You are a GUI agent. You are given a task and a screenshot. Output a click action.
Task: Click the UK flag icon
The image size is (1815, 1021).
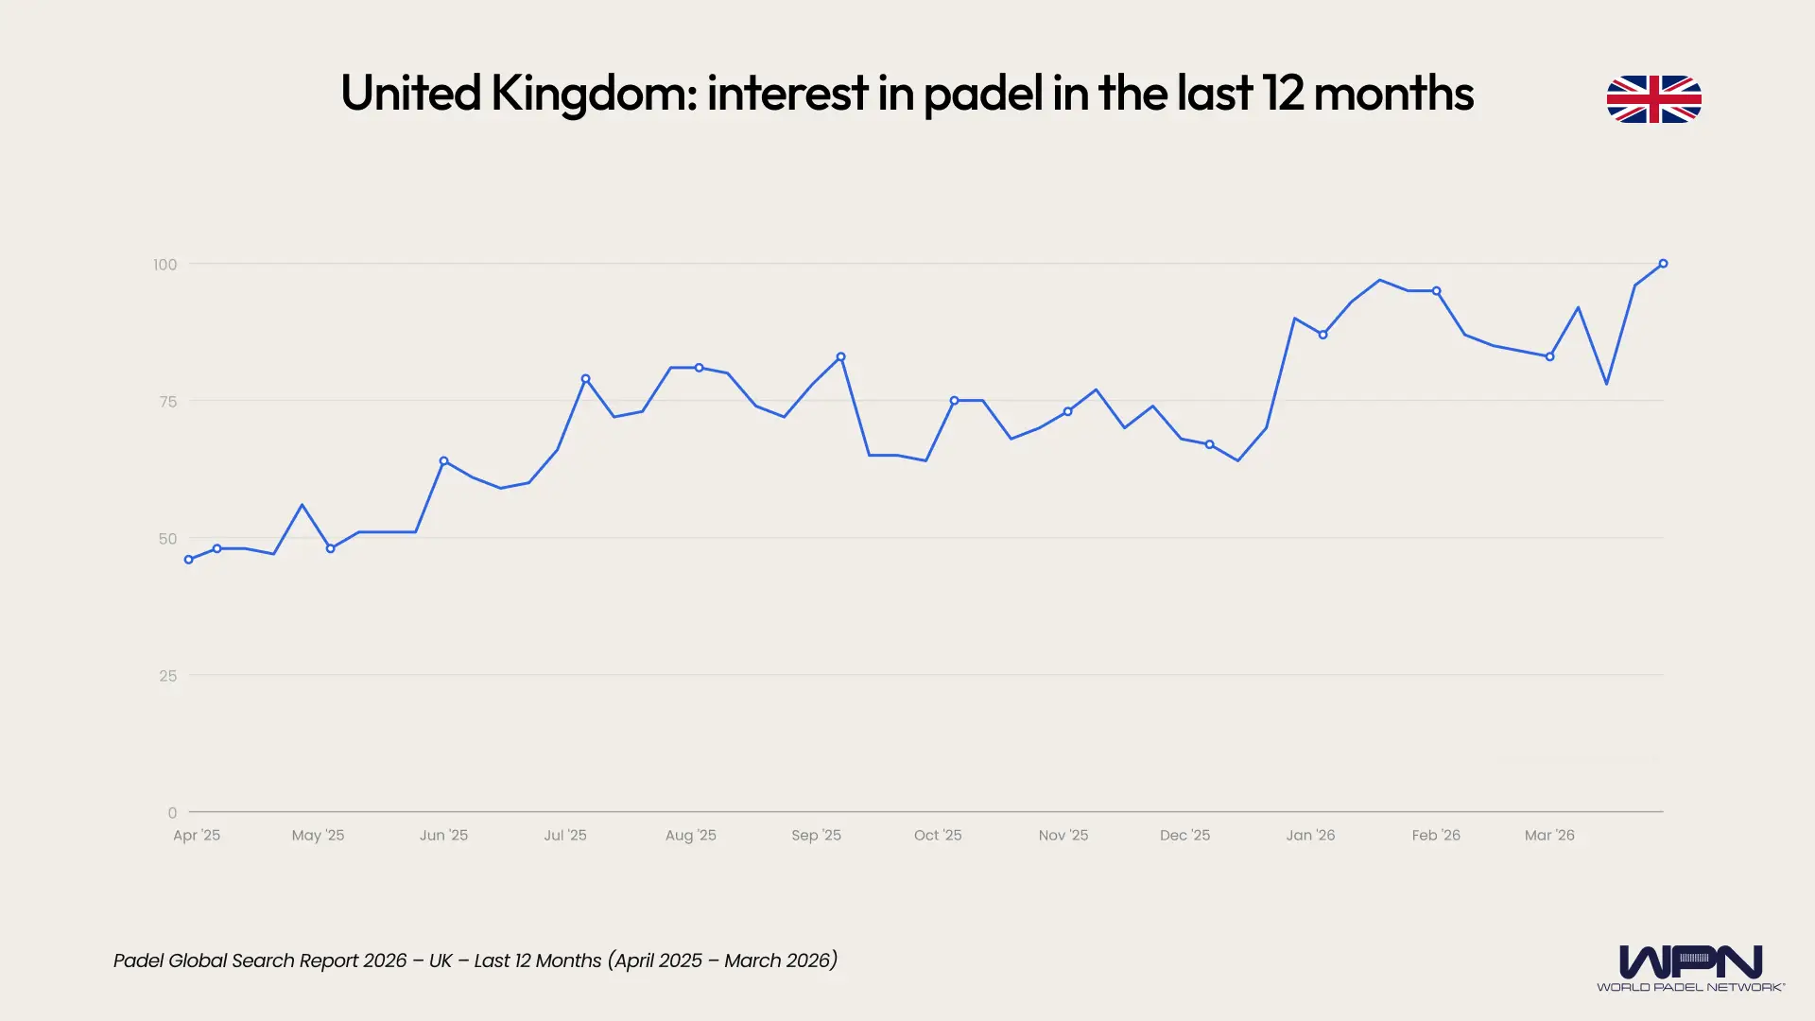pos(1653,99)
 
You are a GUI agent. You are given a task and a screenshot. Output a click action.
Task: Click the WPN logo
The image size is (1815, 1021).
pos(1690,967)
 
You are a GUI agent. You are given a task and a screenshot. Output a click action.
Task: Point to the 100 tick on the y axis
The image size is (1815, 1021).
pos(165,265)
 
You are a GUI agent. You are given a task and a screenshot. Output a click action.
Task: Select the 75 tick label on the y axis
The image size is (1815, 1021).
pos(168,402)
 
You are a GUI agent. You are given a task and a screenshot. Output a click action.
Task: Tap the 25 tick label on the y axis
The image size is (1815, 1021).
pos(168,676)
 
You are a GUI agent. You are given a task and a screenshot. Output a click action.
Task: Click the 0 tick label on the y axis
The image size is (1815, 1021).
pos(172,813)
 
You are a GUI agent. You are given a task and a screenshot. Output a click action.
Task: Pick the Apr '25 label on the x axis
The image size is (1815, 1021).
pos(197,836)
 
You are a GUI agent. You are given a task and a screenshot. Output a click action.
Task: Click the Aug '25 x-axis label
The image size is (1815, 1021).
pos(690,836)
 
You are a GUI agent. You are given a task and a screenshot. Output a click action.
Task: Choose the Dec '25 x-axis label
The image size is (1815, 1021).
pos(1184,836)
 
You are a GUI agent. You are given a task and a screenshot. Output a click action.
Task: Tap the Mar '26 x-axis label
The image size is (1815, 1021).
pos(1549,836)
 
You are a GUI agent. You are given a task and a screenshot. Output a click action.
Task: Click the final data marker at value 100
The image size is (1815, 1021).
pos(1663,264)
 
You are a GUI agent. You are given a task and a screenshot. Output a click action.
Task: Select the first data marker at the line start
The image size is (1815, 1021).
pos(189,560)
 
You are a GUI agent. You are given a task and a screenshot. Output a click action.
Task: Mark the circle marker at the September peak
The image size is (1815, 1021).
pos(840,357)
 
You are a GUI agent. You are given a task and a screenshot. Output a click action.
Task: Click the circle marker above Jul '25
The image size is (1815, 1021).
pos(585,379)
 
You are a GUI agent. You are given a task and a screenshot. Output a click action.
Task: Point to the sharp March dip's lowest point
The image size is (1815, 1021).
pos(1606,384)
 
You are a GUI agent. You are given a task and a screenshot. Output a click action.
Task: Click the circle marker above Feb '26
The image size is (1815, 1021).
pos(1436,291)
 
